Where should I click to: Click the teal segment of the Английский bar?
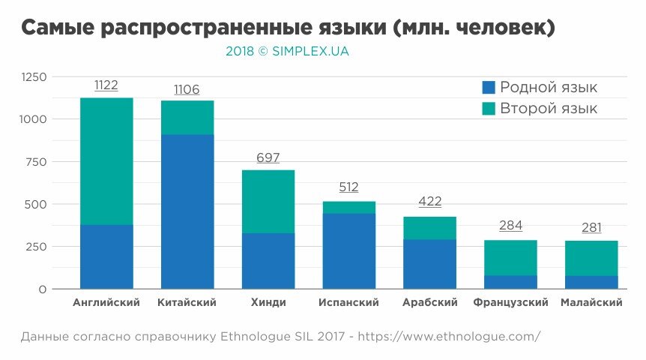106,161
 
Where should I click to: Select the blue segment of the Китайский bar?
187,211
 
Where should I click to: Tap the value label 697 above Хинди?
268,158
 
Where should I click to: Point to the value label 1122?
106,85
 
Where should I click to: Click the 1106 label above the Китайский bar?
187,90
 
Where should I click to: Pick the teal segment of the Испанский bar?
348,208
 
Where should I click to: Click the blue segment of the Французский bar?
510,282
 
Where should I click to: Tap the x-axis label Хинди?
268,303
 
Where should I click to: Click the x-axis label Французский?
510,303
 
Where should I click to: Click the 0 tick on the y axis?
43,289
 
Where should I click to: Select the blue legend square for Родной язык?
489,88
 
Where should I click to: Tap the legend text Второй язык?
549,109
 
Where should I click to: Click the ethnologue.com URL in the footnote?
449,336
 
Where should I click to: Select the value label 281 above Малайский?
591,228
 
